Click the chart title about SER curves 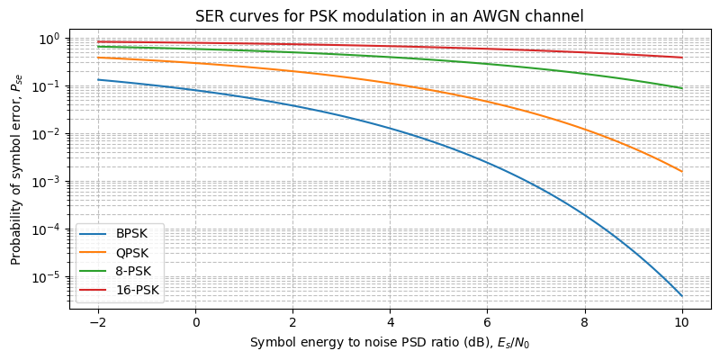(x=389, y=15)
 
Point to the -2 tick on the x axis (x=98, y=322)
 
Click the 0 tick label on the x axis (x=195, y=322)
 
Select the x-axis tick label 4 (x=390, y=322)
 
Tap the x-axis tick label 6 (x=487, y=322)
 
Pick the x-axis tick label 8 (x=584, y=322)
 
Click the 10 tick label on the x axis (x=681, y=322)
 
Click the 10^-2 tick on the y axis (x=46, y=134)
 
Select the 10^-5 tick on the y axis (x=46, y=277)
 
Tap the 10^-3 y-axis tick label (x=46, y=182)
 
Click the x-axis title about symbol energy (x=389, y=343)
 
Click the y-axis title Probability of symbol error (x=15, y=169)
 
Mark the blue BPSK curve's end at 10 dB (x=681, y=296)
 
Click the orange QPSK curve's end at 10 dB (x=681, y=172)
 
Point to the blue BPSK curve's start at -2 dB (x=98, y=80)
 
